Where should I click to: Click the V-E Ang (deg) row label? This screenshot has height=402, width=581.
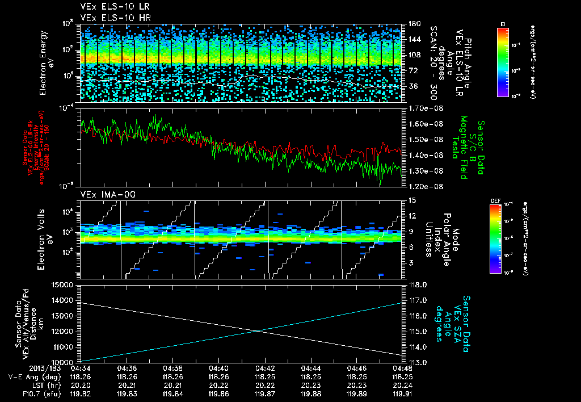pos(31,376)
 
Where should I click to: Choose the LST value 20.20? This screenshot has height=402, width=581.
pos(81,384)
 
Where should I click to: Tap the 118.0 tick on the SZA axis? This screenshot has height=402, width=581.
pos(418,284)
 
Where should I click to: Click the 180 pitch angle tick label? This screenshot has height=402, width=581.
pos(412,24)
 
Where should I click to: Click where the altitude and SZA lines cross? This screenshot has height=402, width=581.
pos(259,331)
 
